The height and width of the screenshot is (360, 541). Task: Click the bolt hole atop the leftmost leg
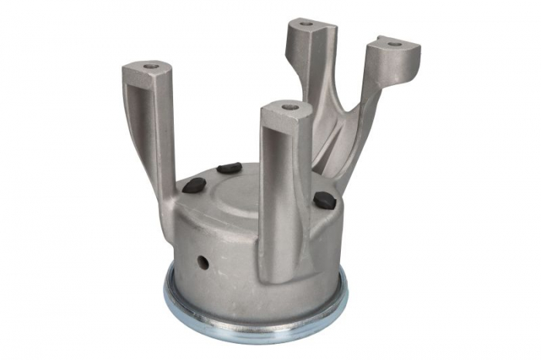click(x=148, y=67)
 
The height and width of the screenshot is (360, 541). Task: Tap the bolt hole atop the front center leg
click(x=290, y=106)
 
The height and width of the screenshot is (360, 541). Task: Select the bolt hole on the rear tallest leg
click(x=307, y=23)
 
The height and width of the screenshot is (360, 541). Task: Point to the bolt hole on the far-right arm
click(x=395, y=44)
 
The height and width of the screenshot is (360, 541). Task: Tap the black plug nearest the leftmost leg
click(x=195, y=185)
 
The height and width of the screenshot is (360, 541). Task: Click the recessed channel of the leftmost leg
click(x=146, y=124)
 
